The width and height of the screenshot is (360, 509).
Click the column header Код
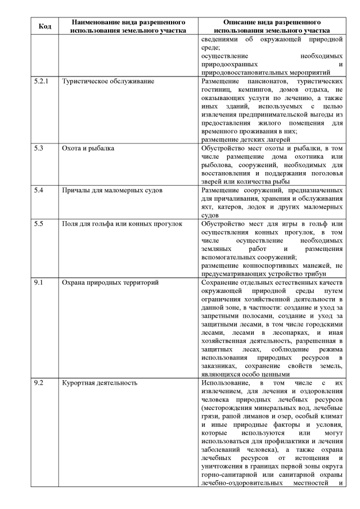coord(45,26)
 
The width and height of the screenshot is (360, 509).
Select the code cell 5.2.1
coord(41,81)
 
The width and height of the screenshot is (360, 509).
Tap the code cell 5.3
coord(38,148)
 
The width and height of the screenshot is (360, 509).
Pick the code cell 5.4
coord(38,191)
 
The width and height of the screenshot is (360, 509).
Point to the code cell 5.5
coord(38,224)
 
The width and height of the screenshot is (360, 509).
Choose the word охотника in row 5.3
coord(312,157)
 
